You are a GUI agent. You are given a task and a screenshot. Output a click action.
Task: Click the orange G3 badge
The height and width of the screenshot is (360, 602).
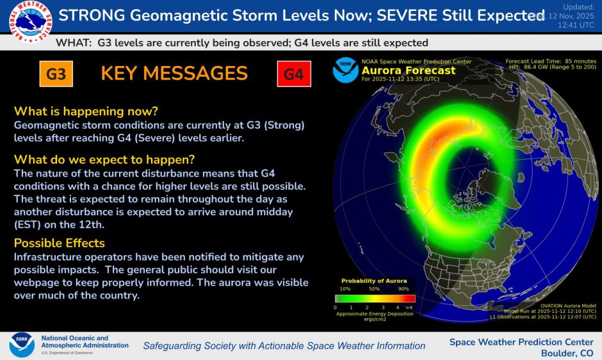pos(56,74)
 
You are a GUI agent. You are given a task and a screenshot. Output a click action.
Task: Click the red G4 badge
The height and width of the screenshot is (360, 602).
pos(293,74)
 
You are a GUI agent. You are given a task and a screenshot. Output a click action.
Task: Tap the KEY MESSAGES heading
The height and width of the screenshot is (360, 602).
pos(174,74)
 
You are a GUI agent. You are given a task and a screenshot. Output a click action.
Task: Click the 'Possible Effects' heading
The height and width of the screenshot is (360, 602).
pos(60,243)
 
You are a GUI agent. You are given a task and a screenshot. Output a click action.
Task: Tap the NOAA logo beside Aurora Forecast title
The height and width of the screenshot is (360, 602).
pos(346,70)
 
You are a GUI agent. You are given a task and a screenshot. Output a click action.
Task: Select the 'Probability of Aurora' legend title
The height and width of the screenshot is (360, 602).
pos(374,281)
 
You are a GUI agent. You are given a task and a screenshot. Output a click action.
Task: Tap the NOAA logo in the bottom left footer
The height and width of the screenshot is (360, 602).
pos(22,344)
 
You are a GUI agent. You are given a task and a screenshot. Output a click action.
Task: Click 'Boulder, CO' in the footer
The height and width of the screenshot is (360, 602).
pos(567,353)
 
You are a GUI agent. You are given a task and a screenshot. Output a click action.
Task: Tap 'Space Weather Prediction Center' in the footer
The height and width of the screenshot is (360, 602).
pos(521,341)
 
